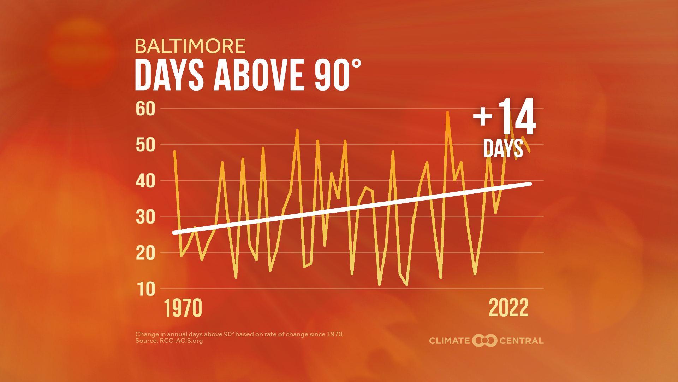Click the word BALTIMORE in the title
pos(190,46)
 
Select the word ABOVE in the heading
pos(259,75)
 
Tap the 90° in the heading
pos(337,75)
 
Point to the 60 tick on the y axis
pos(145,109)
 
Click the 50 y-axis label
pos(145,145)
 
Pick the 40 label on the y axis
pos(145,181)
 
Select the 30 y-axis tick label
pos(145,217)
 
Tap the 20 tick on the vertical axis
pos(145,253)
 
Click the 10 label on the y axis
pos(145,289)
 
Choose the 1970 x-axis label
pos(183,308)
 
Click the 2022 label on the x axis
pos(509,308)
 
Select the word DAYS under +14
pos(503,149)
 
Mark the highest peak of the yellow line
pos(447,112)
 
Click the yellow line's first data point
pos(174,152)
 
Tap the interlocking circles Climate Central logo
pos(484,341)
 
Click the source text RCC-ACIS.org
pos(181,341)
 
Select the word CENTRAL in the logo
pos(521,341)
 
